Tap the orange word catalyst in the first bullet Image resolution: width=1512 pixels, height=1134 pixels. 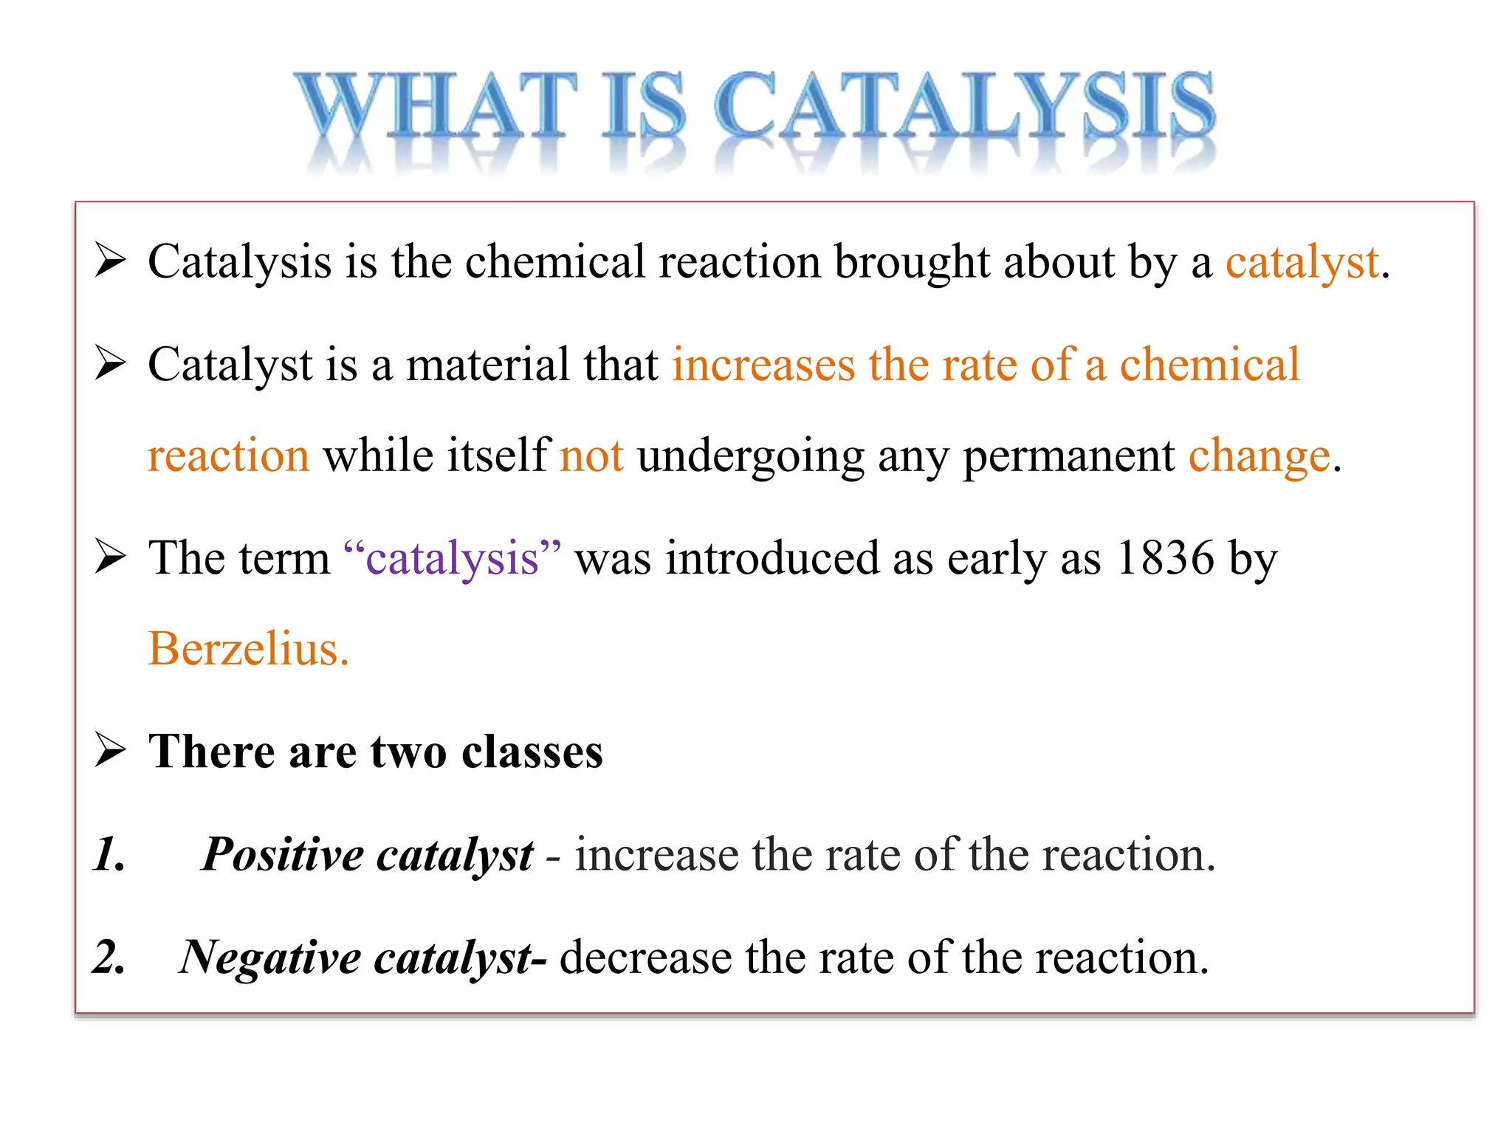(x=1302, y=262)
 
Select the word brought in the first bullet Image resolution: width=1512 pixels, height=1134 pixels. (x=912, y=262)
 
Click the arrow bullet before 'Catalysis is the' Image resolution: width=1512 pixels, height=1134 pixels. (x=111, y=261)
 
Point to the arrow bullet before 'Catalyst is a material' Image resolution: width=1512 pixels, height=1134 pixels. (x=111, y=364)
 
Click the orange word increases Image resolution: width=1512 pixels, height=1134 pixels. (x=763, y=365)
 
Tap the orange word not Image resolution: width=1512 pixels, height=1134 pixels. (x=591, y=456)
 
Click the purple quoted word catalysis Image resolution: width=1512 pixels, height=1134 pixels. (x=452, y=558)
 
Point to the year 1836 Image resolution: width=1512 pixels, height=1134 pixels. (x=1165, y=558)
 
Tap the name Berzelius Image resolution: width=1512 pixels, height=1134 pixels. (x=247, y=649)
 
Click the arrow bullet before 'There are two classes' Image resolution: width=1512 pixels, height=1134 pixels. (x=111, y=750)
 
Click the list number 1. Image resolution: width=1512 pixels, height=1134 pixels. (x=109, y=855)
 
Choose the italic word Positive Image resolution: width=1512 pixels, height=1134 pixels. (x=283, y=855)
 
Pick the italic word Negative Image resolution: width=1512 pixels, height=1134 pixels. (x=270, y=958)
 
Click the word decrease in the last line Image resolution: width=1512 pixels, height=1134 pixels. (x=645, y=958)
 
